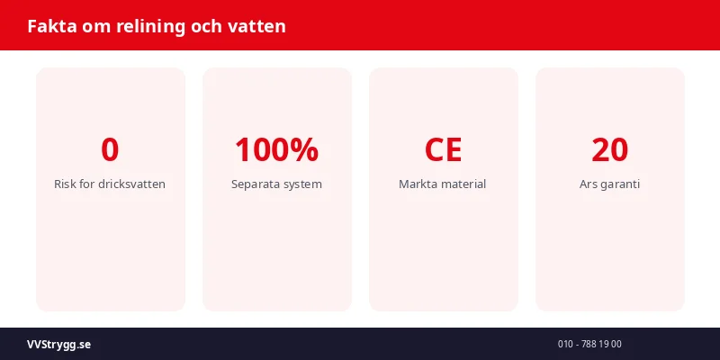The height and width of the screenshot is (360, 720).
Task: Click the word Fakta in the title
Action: point(50,26)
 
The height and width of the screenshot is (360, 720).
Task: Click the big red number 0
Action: point(110,149)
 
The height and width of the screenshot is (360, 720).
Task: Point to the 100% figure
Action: point(276,149)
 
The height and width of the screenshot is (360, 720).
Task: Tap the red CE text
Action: point(443,149)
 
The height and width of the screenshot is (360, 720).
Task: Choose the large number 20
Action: point(609,149)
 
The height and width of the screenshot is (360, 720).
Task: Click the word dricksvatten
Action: point(131,184)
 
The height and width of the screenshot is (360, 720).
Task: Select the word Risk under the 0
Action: point(66,184)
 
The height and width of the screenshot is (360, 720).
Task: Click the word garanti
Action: point(621,184)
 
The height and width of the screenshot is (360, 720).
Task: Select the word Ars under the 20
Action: point(589,184)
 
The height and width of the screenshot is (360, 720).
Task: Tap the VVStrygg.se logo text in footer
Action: point(58,344)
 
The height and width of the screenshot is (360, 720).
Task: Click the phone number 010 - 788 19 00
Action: point(589,344)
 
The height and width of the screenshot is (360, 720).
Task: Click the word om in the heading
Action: point(94,26)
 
